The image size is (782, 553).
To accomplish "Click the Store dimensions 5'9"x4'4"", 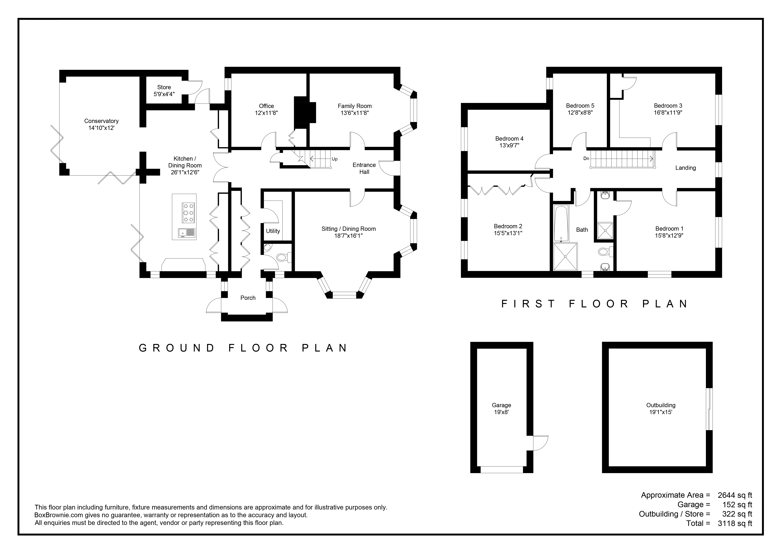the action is coord(164,94).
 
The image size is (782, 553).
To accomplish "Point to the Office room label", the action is coord(266,106).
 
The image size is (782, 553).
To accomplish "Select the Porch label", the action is coord(248,298).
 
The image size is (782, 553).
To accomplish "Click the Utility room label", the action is coord(273,231).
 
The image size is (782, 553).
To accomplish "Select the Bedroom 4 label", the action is coord(509,139).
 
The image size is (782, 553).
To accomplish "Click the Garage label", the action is coord(501,405).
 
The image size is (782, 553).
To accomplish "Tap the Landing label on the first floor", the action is coord(686,168).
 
